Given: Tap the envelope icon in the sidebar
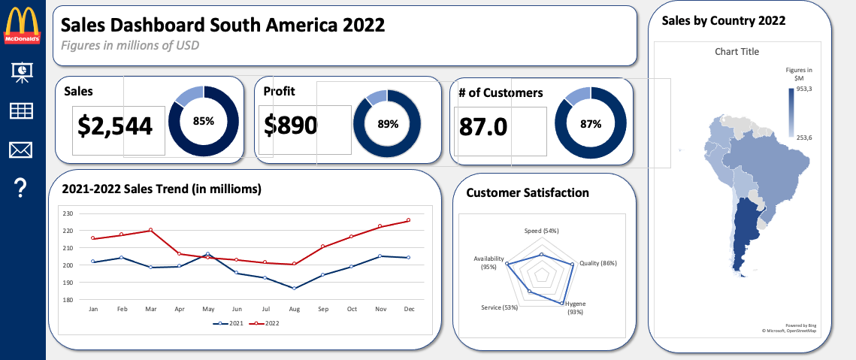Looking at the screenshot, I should pyautogui.click(x=21, y=150).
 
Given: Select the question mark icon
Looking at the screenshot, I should pyautogui.click(x=21, y=189).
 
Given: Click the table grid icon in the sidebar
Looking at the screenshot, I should pyautogui.click(x=21, y=111).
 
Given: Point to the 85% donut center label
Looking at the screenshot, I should pyautogui.click(x=204, y=121).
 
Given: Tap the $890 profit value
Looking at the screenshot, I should pyautogui.click(x=290, y=126).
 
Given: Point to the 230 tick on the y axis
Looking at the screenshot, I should pyautogui.click(x=68, y=213).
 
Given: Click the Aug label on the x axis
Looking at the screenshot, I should pyautogui.click(x=294, y=309).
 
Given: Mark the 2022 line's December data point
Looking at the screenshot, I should pyautogui.click(x=408, y=220).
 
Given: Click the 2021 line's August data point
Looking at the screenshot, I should pyautogui.click(x=294, y=288).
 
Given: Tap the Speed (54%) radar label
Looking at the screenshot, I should pyautogui.click(x=541, y=230).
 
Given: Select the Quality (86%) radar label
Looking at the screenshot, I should pyautogui.click(x=598, y=263).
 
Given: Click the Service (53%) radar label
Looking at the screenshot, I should pyautogui.click(x=499, y=307).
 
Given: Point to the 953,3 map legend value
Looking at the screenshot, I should pyautogui.click(x=803, y=89).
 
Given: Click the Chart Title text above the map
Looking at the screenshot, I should pyautogui.click(x=737, y=52).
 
